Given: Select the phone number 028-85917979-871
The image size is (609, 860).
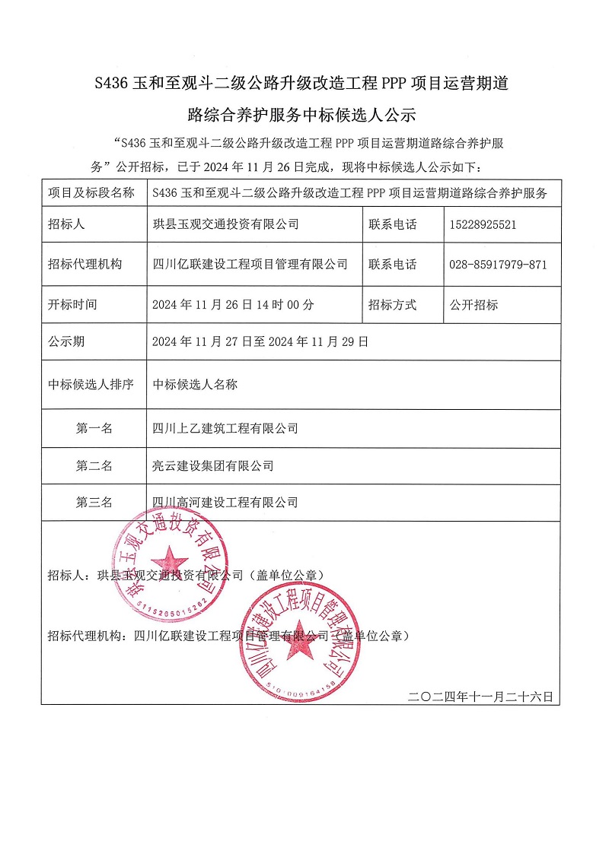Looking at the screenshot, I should [498, 265].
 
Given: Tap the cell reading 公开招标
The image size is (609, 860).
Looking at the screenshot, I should [473, 305].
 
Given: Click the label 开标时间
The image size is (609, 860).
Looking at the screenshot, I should [72, 305].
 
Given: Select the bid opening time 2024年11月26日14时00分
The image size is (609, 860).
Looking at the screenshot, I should [233, 305].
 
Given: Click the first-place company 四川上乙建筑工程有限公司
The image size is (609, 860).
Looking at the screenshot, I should [225, 429].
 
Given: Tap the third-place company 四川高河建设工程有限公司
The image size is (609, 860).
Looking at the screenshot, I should [225, 503].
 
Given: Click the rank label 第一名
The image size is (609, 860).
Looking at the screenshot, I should [94, 429].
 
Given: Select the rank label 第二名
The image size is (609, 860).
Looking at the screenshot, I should [94, 465].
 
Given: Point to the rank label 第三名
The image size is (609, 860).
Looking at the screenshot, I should [94, 503].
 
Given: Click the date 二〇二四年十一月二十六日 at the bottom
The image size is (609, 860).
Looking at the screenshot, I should [480, 696].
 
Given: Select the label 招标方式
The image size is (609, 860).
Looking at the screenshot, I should [392, 305].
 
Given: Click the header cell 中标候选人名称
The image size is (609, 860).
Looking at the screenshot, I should [195, 385].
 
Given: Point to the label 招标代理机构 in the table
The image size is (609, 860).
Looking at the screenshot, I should [84, 265].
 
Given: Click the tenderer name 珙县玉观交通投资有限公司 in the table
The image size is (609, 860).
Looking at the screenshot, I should [225, 224].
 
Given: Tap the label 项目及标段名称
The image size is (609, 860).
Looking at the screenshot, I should [91, 193].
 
